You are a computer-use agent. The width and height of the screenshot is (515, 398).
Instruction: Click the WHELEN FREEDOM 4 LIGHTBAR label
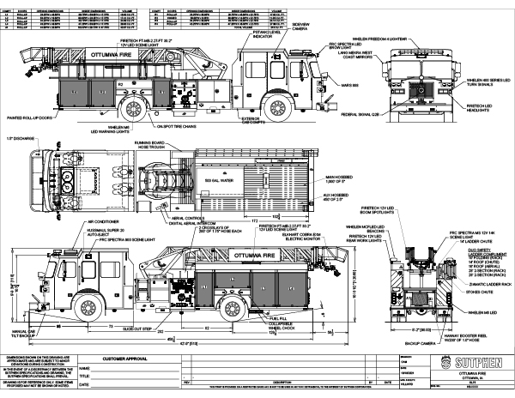[x=445, y=39]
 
